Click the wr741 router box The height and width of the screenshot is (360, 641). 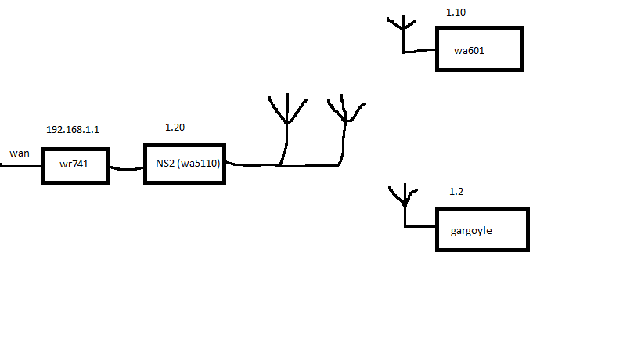click(x=75, y=165)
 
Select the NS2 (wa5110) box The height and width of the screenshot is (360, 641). click(x=185, y=164)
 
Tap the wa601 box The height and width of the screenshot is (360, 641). click(x=479, y=49)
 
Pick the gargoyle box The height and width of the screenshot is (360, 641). click(x=482, y=229)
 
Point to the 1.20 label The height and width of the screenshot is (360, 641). click(x=175, y=127)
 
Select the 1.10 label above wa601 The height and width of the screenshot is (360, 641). click(x=456, y=13)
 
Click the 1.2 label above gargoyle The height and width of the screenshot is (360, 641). click(x=456, y=192)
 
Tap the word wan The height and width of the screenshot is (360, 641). click(x=20, y=153)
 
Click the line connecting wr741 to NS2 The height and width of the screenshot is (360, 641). click(x=126, y=167)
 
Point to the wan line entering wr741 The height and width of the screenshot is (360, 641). click(x=20, y=166)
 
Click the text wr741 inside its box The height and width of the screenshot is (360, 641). click(x=75, y=165)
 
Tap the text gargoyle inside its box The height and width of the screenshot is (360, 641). click(x=471, y=231)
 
